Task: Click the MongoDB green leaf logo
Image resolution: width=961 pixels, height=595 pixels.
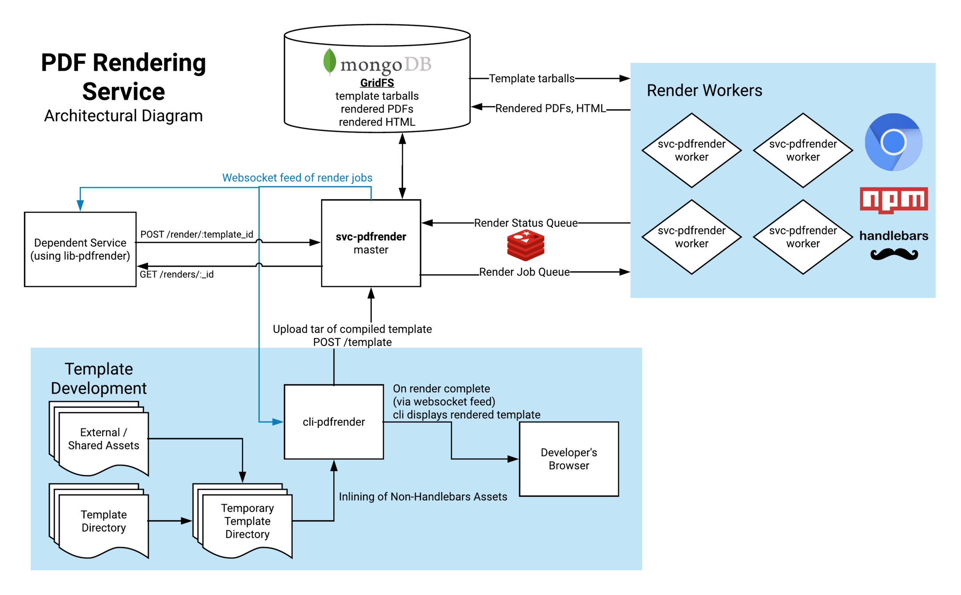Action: click(x=329, y=61)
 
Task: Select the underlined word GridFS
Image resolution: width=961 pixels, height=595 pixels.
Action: click(x=377, y=83)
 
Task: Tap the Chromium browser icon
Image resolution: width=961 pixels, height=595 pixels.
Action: click(x=893, y=142)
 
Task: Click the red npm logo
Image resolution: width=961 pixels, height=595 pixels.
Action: click(x=894, y=200)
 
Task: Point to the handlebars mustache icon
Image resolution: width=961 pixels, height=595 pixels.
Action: click(x=894, y=254)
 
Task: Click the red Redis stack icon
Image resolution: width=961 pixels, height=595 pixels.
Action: click(x=525, y=245)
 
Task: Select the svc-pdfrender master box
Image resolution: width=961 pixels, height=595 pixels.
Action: click(x=371, y=243)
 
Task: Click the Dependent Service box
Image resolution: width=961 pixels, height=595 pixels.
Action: click(x=80, y=249)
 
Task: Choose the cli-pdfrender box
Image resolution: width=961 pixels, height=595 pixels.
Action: click(x=334, y=422)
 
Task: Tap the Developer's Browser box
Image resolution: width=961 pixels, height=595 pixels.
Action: click(x=569, y=459)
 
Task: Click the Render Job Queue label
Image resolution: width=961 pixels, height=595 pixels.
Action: click(x=524, y=272)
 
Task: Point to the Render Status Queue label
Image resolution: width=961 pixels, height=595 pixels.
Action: click(x=525, y=223)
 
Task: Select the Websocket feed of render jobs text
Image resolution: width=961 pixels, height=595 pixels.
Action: click(x=297, y=178)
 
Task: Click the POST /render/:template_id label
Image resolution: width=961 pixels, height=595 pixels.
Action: click(x=197, y=234)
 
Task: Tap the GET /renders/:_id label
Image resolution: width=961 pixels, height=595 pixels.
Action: click(x=176, y=274)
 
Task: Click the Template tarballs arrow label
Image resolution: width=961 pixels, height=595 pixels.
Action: click(x=532, y=78)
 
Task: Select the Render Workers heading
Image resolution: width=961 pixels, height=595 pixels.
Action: click(x=704, y=90)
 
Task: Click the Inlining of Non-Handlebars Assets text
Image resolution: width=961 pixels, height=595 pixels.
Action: click(x=423, y=497)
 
